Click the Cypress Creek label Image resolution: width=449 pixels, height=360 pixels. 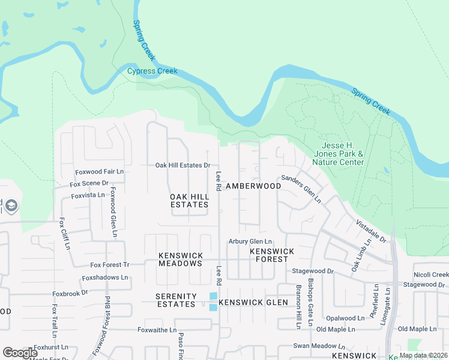[152, 71]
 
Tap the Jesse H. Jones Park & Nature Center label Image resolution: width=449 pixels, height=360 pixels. [343, 154]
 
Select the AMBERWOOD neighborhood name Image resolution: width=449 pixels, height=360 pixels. [253, 187]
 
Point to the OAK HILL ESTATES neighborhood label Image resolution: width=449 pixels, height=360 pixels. [189, 200]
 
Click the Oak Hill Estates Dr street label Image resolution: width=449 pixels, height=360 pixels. [182, 165]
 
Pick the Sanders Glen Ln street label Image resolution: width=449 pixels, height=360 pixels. [301, 188]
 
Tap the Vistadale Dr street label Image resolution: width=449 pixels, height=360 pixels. [370, 230]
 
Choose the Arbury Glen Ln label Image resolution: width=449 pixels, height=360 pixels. [250, 241]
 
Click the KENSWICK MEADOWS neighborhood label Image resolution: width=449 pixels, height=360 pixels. [180, 259]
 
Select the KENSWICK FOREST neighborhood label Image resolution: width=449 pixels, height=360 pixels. [272, 255]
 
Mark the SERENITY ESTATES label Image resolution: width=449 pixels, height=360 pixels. [175, 300]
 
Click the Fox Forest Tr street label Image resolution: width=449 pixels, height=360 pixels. [110, 265]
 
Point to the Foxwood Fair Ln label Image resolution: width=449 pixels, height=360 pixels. [99, 172]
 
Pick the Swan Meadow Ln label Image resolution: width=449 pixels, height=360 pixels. [319, 346]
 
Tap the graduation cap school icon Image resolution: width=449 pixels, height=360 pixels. [11, 206]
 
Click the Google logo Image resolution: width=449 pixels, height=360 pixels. [20, 352]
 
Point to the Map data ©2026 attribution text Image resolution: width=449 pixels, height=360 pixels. [423, 355]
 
